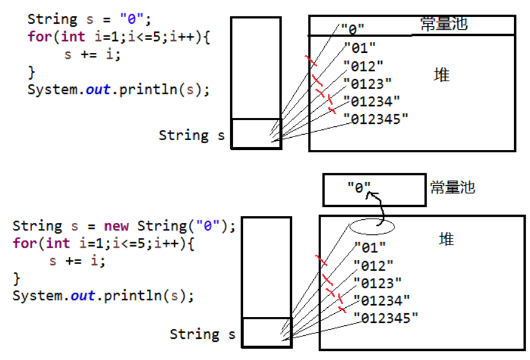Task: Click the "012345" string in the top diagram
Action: point(376,119)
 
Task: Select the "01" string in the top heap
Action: point(359,47)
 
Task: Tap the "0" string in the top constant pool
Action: point(352,29)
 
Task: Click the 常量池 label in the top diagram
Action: point(444,24)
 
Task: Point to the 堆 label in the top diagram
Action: point(441,75)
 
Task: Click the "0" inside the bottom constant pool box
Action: point(359,188)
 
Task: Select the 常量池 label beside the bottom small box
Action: point(452,187)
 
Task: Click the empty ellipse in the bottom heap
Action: point(372,226)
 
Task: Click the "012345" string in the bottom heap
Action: point(386,318)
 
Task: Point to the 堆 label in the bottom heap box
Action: point(446,239)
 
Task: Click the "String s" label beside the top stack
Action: point(191,135)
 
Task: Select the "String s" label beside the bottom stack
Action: point(202,334)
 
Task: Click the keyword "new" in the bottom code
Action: point(116,226)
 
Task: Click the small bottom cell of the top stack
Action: point(256,133)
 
